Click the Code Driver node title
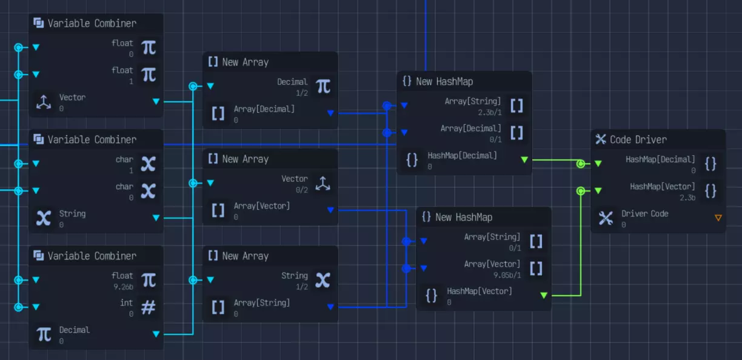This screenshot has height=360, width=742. [638, 139]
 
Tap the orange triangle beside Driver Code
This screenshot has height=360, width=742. [718, 218]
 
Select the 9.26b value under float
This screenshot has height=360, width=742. [122, 287]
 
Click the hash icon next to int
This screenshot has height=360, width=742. [149, 307]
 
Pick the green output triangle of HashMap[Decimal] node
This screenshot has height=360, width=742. [524, 159]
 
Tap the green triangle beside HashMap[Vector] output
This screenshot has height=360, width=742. [544, 295]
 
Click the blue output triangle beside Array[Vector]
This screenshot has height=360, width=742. [330, 210]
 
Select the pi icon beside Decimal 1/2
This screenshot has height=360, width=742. [324, 87]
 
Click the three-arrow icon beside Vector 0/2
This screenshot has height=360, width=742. [323, 184]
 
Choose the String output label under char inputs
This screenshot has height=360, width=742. [72, 213]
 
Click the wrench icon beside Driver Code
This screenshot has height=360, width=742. [606, 218]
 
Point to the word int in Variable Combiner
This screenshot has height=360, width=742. [126, 302]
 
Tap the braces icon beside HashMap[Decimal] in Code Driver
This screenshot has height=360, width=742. [711, 164]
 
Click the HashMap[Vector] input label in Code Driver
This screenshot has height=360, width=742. [662, 187]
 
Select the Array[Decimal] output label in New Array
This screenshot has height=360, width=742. [264, 109]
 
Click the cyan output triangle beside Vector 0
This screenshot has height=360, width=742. [156, 101]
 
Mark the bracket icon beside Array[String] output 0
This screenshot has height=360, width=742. [218, 307]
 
